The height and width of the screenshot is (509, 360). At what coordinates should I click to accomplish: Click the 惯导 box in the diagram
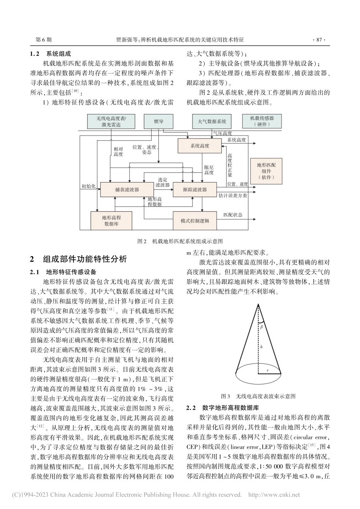[158, 121]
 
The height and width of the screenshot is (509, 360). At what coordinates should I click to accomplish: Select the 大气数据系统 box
[212, 121]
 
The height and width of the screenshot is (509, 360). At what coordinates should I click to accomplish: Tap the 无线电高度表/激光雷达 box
[111, 121]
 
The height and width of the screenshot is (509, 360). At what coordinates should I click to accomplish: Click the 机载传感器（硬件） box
[261, 121]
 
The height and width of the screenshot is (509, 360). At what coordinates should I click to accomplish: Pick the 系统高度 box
[200, 146]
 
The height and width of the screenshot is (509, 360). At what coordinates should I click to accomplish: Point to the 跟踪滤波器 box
[195, 189]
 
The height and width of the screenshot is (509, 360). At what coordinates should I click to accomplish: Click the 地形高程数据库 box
[111, 221]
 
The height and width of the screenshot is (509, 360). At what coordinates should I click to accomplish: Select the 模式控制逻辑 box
[195, 221]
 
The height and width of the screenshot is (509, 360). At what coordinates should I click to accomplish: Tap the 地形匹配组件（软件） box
[266, 171]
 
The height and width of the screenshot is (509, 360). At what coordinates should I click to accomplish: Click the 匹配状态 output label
[233, 215]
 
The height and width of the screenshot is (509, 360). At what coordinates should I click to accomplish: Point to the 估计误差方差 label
[233, 196]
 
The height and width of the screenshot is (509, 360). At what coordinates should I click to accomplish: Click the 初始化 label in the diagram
[89, 186]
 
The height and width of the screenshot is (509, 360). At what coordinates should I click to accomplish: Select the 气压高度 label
[222, 133]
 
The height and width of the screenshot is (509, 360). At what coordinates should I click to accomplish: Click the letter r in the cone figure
[268, 371]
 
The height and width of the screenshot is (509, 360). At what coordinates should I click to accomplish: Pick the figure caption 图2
[180, 241]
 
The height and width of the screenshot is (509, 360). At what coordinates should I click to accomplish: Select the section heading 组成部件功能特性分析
[85, 259]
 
